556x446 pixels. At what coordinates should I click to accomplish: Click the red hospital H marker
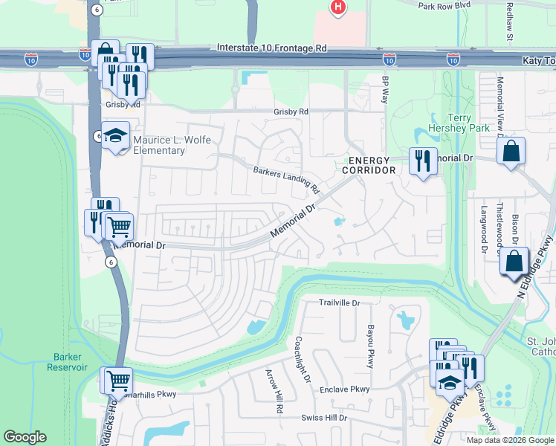338,7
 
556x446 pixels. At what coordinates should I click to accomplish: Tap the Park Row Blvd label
445,6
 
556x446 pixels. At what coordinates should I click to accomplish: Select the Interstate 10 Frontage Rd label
272,48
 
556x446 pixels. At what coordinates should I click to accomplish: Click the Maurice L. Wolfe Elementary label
172,145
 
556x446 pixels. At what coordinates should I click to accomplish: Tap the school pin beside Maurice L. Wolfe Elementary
115,137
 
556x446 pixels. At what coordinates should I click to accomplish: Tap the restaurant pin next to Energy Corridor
423,161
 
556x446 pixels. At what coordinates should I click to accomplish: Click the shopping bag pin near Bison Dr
514,262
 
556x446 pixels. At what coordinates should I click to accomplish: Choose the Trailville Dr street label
339,303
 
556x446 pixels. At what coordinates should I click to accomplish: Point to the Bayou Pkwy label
369,346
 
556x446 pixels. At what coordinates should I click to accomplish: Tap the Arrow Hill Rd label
274,391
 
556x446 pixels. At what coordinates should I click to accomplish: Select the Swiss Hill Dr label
324,418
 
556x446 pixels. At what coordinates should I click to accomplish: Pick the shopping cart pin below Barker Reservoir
117,381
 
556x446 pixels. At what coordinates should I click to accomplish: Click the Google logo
25,437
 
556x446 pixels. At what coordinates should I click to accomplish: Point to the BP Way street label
385,89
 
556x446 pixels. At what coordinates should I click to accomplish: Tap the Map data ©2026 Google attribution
509,440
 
